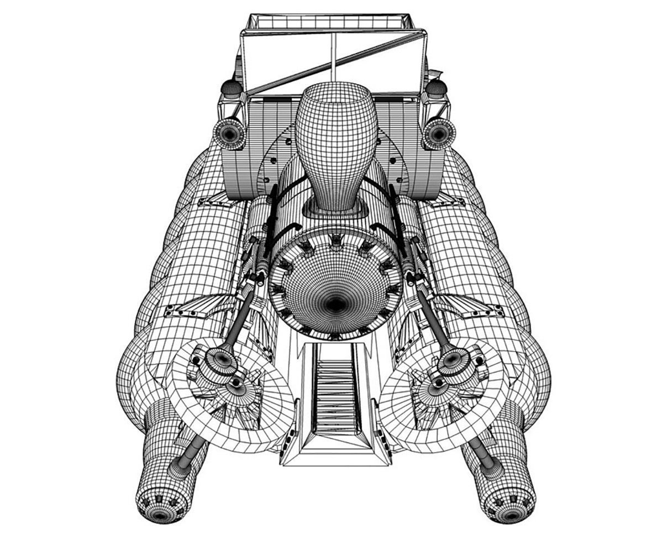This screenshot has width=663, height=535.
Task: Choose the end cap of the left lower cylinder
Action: [x=160, y=508]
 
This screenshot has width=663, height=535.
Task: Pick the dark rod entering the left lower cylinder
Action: [x=188, y=453]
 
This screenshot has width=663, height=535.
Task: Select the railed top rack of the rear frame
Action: [x=330, y=22]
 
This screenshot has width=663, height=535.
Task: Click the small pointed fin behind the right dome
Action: [x=436, y=73]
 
